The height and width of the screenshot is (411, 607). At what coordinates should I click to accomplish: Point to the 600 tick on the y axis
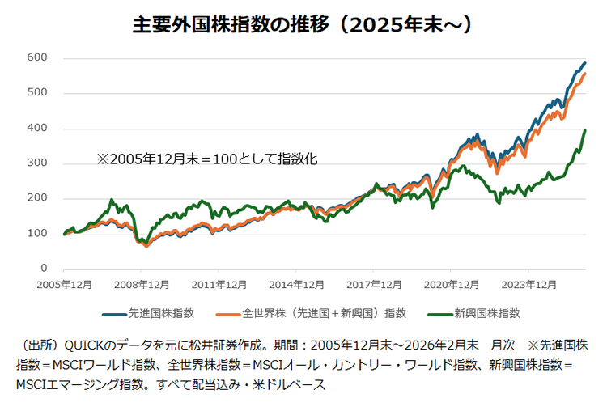[37, 58]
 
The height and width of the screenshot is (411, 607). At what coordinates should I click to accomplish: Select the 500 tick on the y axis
[37, 93]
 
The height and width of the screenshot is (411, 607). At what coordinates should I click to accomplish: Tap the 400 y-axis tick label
[37, 129]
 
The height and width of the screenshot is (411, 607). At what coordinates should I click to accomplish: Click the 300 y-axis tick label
[37, 163]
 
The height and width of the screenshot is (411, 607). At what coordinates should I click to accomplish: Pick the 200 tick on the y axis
[37, 198]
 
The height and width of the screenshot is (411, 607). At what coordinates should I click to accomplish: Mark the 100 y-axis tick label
[37, 234]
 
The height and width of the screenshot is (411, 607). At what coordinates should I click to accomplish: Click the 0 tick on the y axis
[44, 269]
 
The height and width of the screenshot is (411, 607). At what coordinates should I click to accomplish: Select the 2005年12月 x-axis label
[64, 285]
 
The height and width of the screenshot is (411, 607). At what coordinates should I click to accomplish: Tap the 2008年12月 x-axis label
[141, 285]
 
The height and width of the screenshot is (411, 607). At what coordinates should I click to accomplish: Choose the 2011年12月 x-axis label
[219, 285]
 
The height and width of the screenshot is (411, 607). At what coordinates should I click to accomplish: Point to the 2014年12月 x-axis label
[296, 285]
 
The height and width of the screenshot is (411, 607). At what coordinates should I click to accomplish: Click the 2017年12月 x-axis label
[374, 285]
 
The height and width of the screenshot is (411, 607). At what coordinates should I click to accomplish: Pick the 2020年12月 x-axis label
[451, 285]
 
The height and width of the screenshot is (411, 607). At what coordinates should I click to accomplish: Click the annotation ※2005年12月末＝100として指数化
[207, 160]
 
